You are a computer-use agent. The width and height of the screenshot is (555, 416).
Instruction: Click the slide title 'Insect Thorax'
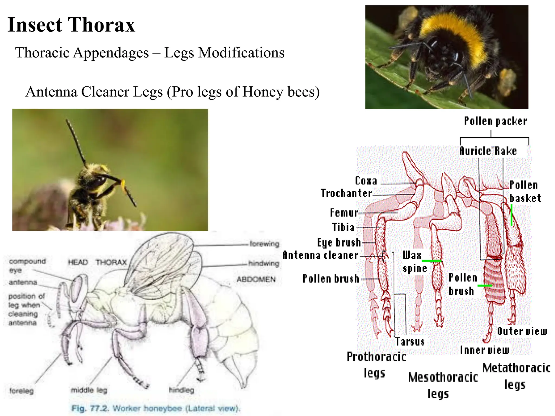71,25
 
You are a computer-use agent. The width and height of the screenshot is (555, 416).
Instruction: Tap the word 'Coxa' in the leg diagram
366,181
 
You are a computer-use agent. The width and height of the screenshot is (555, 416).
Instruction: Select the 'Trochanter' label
346,193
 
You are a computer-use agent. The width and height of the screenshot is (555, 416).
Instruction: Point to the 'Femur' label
344,213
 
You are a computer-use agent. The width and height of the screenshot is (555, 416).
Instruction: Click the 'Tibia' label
343,227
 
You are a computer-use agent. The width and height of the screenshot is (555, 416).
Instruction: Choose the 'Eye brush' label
339,243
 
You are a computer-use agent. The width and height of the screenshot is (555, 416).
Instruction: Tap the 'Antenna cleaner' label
320,255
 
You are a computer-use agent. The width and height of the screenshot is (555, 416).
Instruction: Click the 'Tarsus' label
410,342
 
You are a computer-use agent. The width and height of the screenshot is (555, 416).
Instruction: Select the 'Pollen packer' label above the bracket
495,121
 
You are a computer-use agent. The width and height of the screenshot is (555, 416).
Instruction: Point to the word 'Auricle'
475,151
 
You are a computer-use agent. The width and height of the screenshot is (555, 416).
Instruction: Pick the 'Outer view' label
522,331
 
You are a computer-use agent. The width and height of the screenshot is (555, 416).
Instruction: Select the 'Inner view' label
485,350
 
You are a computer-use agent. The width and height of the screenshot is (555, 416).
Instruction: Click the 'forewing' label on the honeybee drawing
264,244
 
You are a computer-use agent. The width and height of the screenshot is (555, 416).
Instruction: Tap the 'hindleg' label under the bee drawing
182,390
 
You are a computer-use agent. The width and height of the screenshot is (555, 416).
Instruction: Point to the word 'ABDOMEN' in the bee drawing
256,279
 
